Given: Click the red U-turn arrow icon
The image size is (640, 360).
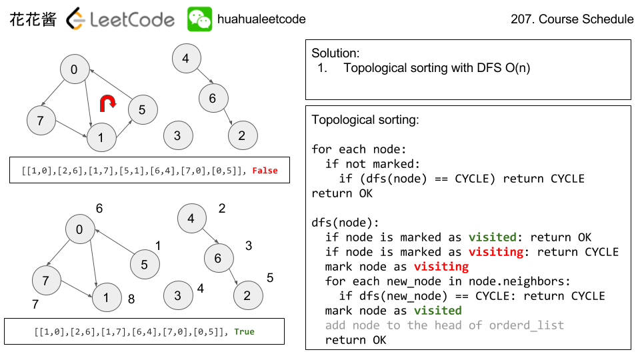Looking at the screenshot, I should pos(107,103).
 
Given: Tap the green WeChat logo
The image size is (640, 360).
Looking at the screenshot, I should pos(199,19).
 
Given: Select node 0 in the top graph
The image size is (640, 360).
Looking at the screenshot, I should pos(74,69).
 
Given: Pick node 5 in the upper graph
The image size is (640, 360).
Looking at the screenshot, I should pos(142,109).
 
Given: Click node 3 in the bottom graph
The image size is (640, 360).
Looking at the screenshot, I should pos(177,295).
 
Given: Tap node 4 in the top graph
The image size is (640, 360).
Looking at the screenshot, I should pos(185,59).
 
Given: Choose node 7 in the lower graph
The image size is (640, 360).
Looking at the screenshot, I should pos(46,281).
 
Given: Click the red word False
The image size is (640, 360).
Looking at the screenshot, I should pos(265,171).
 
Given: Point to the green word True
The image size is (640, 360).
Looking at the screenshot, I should pos(244,331).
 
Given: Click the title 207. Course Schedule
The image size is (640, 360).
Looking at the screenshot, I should pos(572,19).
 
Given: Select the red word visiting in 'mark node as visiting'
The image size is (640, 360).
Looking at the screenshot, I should pos(441,267).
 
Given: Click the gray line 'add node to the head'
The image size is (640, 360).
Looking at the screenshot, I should pos(444,325).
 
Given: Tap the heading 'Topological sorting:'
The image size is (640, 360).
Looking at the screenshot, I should pos(365,121).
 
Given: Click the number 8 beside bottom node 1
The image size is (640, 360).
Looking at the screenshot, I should pos(131,299).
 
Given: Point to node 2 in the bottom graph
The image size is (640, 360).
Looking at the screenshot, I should pos(247,295).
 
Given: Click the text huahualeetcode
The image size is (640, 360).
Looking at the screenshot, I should pos(261,19).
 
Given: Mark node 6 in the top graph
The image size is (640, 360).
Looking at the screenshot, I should pos(212,99).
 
